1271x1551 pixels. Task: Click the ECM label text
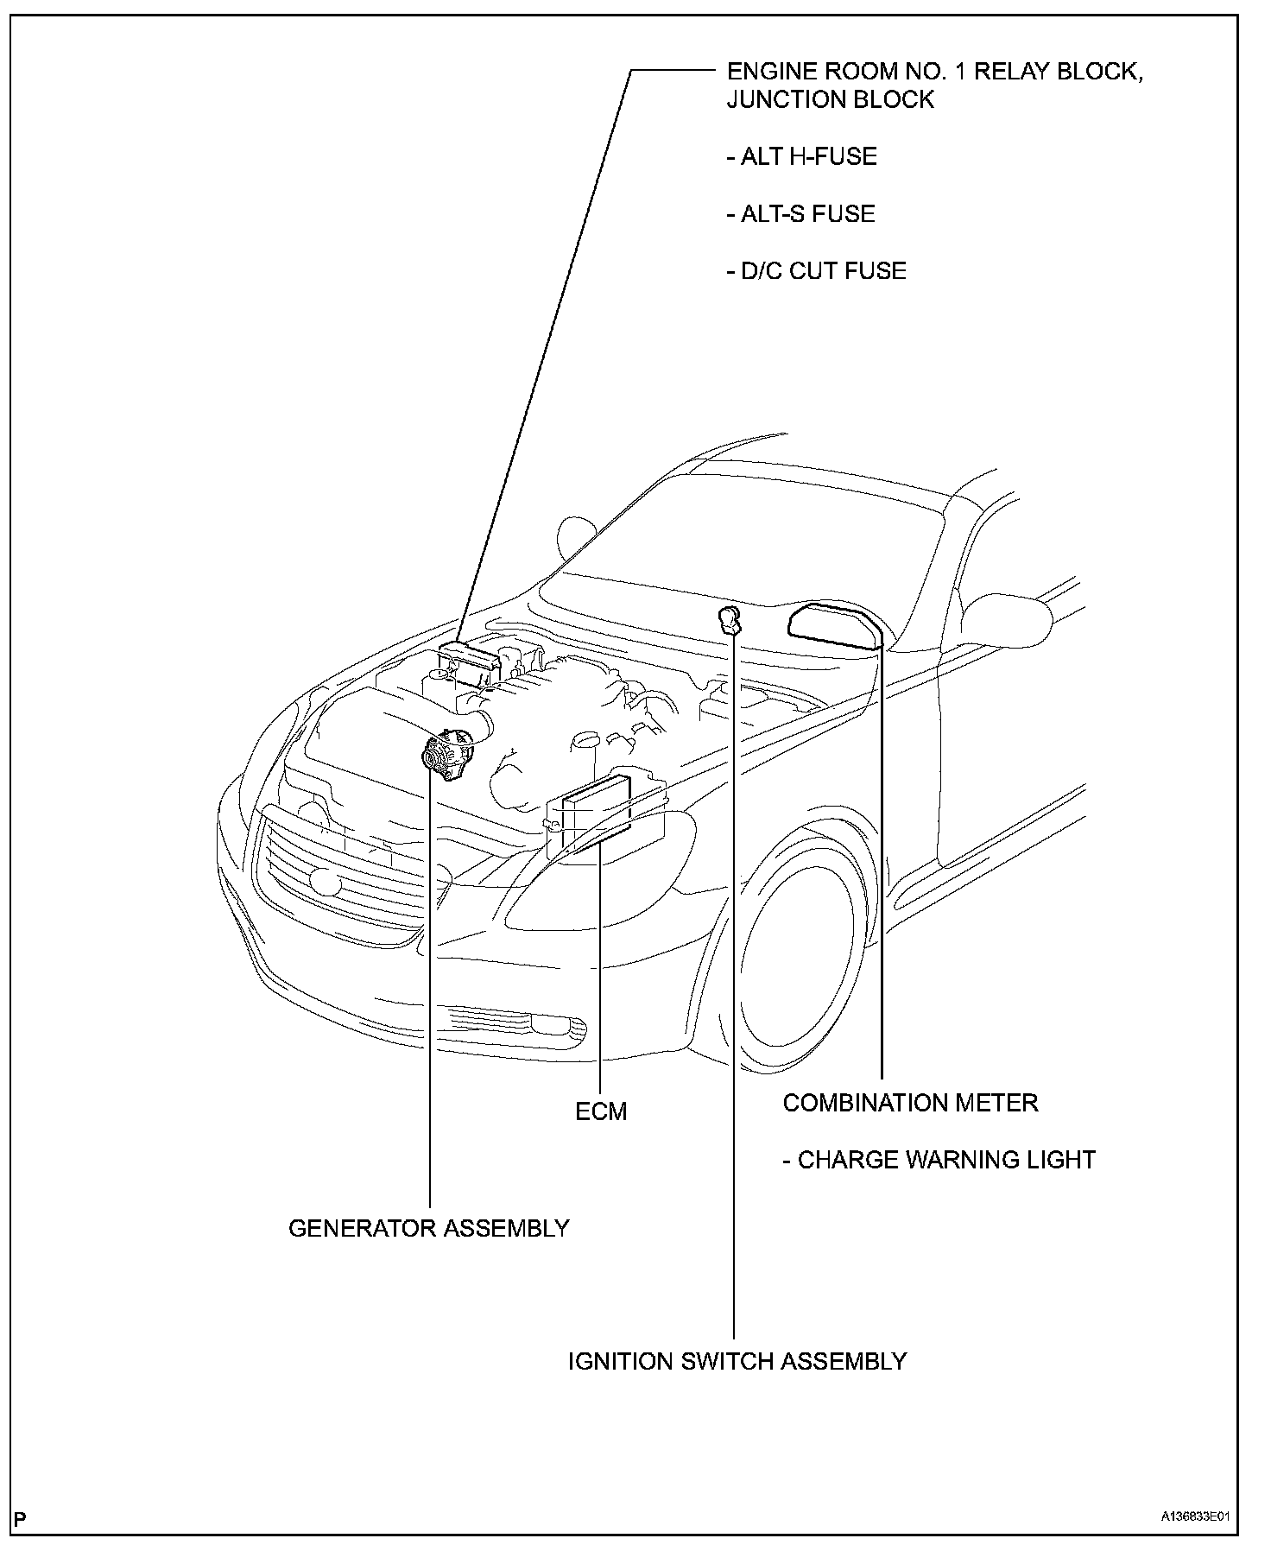601,1111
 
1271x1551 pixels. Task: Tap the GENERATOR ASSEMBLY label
428,1227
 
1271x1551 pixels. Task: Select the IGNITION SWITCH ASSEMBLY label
737,1361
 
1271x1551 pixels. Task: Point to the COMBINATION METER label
910,1103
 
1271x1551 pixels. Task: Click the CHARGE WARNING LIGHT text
939,1160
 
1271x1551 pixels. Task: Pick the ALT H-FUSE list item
801,157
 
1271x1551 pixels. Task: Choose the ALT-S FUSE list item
800,214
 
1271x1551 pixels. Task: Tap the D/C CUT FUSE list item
816,271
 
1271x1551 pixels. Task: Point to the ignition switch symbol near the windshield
730,619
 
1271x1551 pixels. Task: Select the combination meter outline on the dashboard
833,623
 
